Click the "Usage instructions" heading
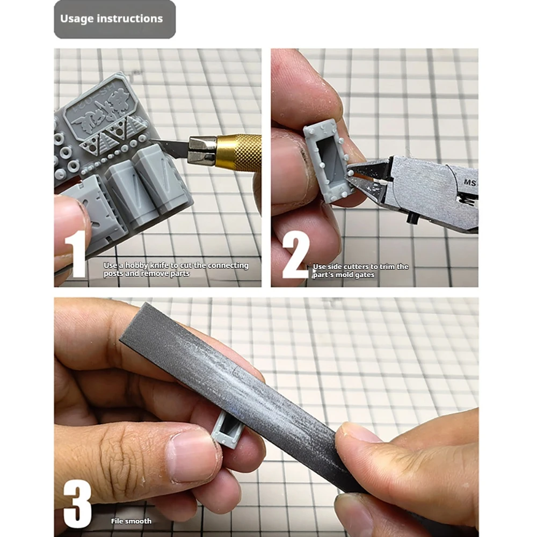(111, 18)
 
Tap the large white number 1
(75, 254)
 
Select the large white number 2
(295, 255)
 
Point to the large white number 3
(77, 504)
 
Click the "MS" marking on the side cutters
(470, 183)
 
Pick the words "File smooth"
(131, 521)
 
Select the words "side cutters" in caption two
(351, 266)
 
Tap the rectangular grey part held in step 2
(326, 161)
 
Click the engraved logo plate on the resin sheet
(98, 110)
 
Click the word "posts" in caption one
(113, 274)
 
